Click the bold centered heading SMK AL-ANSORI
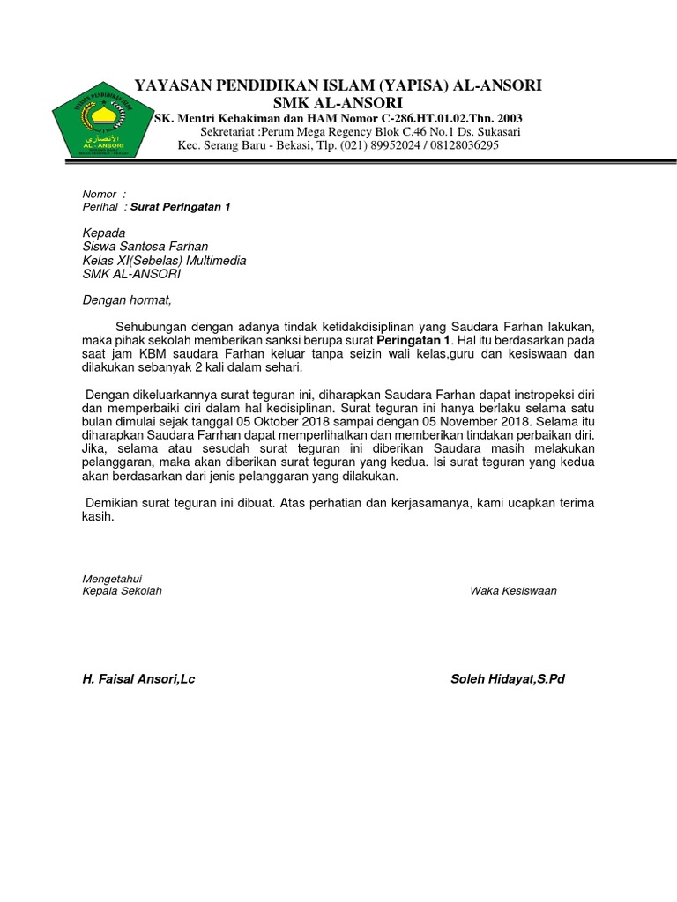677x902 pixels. (338, 102)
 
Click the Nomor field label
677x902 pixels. (100, 194)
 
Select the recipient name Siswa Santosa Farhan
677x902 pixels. (145, 248)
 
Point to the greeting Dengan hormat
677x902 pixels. (127, 300)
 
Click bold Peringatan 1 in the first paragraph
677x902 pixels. (413, 340)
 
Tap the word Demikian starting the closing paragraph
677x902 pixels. (114, 503)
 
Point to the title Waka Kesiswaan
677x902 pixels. (513, 591)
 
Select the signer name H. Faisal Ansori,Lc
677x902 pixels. (138, 679)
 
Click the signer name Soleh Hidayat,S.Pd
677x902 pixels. (507, 679)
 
